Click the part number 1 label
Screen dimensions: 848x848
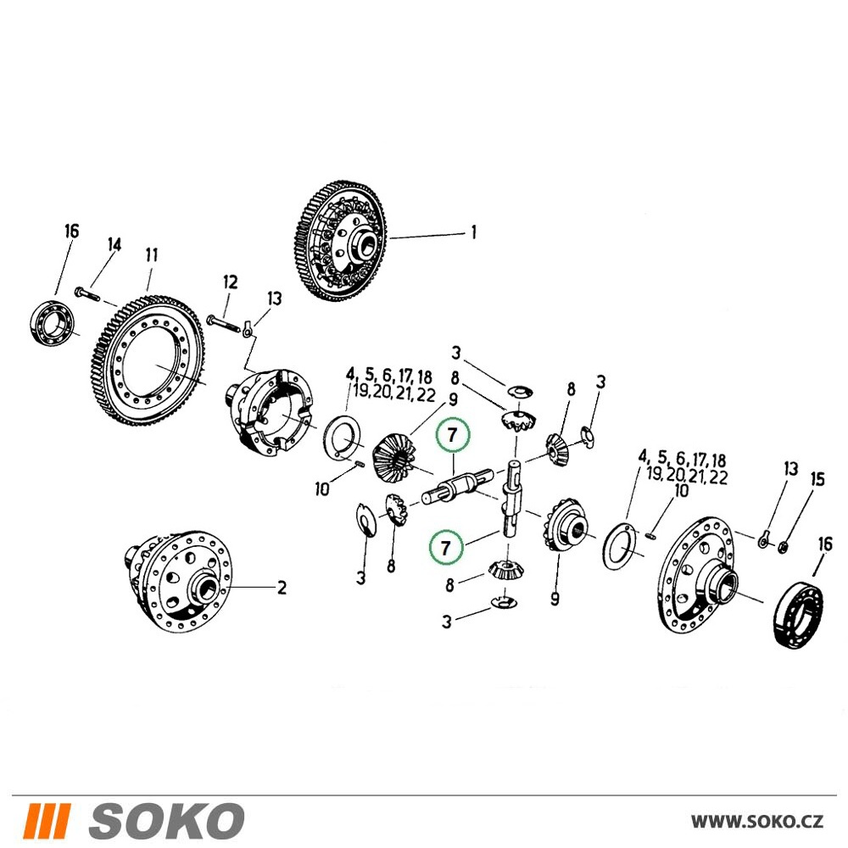pos(474,232)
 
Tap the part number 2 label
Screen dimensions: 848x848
pos(282,588)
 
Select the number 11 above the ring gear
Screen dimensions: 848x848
pos(152,254)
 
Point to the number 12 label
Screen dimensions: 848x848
pos(230,282)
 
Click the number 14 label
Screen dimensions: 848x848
pos(114,245)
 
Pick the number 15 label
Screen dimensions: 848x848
pos(817,479)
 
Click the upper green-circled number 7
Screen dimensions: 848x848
pos(453,434)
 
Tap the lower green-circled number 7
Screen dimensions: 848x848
pos(446,548)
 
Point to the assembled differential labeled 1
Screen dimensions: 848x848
pos(344,241)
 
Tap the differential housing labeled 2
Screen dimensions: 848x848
pos(179,581)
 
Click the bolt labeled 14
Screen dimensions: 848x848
pos(87,294)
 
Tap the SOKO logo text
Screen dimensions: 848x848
pos(166,820)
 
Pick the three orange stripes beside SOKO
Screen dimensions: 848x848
pos(47,820)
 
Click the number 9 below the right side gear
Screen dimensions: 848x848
pos(555,599)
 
